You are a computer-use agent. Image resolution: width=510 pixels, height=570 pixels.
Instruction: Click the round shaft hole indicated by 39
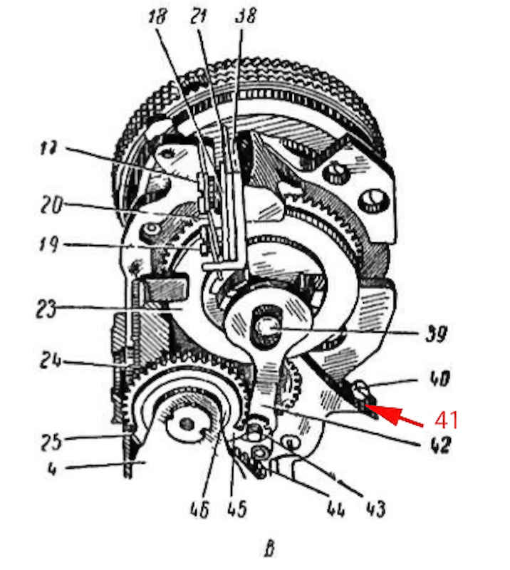[266, 328]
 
